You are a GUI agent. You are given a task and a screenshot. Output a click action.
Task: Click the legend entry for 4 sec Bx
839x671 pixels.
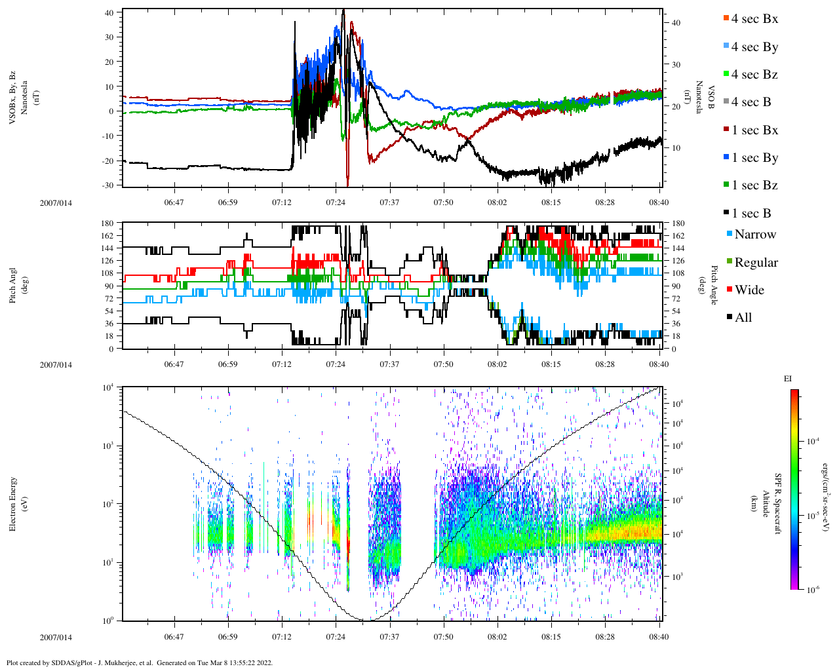point(754,19)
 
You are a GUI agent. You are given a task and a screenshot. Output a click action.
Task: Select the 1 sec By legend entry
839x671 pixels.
point(754,158)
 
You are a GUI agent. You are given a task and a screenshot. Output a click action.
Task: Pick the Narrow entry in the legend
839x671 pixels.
point(754,235)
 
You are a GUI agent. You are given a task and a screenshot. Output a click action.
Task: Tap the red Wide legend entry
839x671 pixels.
point(749,290)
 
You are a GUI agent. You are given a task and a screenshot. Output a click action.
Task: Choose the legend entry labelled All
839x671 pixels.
point(743,318)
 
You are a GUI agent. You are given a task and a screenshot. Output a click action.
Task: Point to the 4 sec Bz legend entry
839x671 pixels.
point(754,75)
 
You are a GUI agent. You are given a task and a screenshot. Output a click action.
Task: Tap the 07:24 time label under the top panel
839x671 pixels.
point(336,202)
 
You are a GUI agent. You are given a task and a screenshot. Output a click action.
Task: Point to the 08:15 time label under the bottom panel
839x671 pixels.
point(551,636)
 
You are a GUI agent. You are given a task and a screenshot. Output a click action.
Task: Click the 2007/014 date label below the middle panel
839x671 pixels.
point(56,364)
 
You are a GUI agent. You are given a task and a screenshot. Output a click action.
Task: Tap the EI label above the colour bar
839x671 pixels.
point(789,379)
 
